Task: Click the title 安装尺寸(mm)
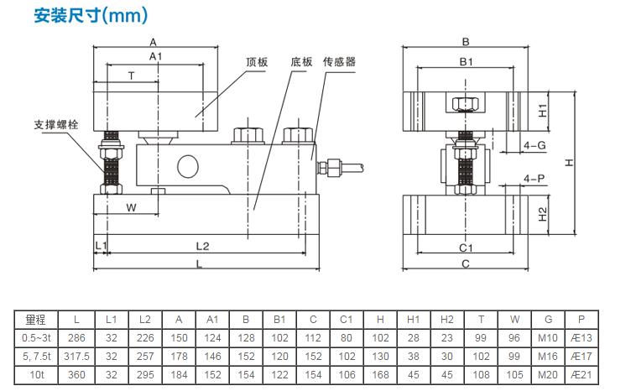91,15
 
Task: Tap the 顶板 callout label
257,62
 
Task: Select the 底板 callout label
302,62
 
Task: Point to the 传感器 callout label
339,62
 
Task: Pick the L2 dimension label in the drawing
202,246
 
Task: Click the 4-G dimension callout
535,145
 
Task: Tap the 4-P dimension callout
535,179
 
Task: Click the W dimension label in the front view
131,206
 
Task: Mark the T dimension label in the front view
131,76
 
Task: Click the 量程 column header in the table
35,320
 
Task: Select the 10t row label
35,374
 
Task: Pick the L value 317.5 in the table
76,356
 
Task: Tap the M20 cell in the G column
549,374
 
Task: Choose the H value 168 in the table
380,374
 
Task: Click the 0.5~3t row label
35,338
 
